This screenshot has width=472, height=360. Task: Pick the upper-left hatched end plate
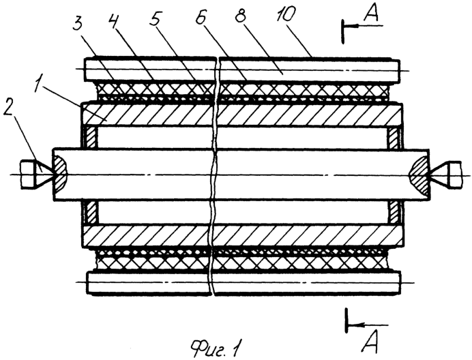pos(91,137)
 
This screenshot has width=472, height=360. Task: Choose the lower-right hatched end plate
pos(394,212)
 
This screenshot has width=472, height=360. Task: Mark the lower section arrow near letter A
pos(368,325)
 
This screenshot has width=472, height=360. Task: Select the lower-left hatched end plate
pos(91,212)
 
